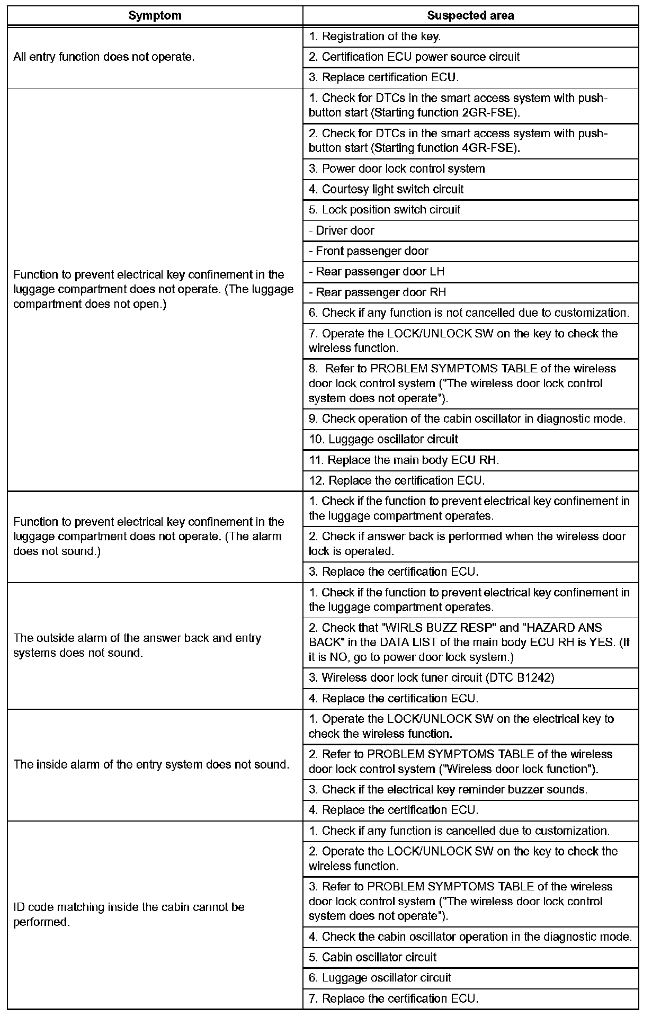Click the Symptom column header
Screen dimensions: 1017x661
[x=155, y=16]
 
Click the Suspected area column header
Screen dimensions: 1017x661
[x=470, y=16]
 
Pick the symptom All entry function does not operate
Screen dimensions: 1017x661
[x=104, y=57]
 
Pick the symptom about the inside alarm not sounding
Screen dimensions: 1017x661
[x=151, y=765]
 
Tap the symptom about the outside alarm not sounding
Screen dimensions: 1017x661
[x=137, y=646]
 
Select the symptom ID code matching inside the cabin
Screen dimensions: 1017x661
[x=129, y=915]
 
